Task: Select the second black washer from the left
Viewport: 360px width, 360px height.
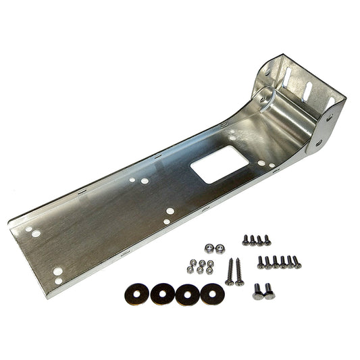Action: (x=163, y=294)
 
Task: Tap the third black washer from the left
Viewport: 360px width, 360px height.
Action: (x=187, y=294)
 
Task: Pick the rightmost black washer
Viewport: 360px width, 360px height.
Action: (x=212, y=293)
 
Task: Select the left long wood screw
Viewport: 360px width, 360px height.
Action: (x=230, y=272)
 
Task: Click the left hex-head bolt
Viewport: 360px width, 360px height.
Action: (x=258, y=291)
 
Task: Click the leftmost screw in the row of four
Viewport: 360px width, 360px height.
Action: (x=245, y=239)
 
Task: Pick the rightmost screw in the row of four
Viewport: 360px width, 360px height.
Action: (x=267, y=239)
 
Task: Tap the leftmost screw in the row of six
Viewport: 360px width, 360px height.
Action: (x=261, y=262)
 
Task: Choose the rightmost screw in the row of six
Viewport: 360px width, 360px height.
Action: (x=297, y=261)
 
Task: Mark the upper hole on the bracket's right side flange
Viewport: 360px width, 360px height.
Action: (x=329, y=117)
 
